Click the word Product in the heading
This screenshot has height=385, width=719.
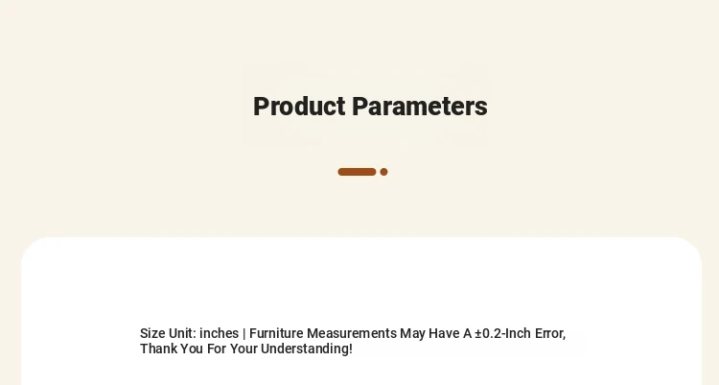pos(299,107)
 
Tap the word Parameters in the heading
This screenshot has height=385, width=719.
pos(420,107)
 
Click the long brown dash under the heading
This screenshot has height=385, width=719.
pos(357,172)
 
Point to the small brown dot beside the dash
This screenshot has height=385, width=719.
pos(383,172)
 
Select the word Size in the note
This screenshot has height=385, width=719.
pos(152,333)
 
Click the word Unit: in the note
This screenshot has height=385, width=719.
pos(182,333)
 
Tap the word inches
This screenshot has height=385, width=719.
pos(220,333)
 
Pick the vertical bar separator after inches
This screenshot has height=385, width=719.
pos(244,333)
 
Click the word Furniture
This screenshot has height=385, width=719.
pos(276,333)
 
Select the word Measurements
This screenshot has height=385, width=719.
pos(352,333)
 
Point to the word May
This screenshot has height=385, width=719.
pos(412,333)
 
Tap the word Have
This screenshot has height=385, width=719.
pos(444,333)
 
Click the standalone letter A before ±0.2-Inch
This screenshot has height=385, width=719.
pos(467,333)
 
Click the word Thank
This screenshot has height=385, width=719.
pos(158,349)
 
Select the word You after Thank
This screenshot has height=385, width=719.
pos(191,349)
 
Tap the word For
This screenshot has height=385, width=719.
pos(217,349)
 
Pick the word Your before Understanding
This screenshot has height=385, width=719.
pos(244,349)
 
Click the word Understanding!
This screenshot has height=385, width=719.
pos(307,349)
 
